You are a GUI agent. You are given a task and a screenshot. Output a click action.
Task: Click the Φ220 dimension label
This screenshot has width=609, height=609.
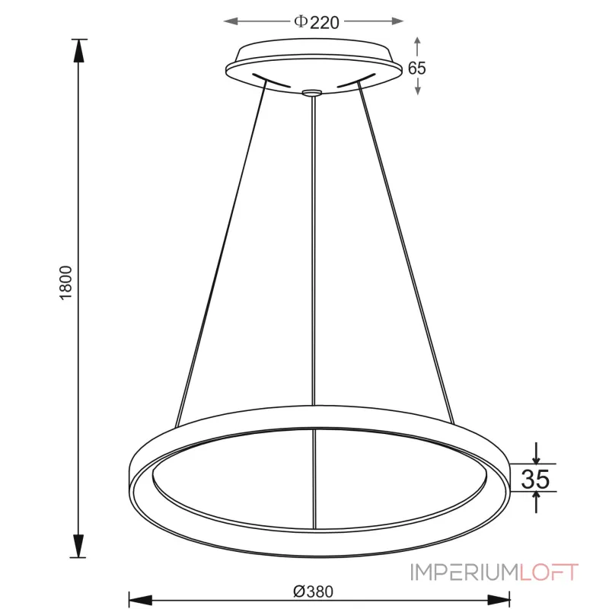pyautogui.click(x=317, y=22)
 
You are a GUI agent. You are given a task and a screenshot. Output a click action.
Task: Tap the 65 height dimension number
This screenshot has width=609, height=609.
pyautogui.click(x=416, y=68)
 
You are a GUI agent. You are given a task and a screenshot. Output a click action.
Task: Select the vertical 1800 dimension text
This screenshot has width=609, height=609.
pyautogui.click(x=66, y=282)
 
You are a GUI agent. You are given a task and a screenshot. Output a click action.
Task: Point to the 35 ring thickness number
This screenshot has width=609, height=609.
pyautogui.click(x=535, y=479)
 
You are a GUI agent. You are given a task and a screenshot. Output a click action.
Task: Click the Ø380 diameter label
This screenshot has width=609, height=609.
pyautogui.click(x=313, y=591)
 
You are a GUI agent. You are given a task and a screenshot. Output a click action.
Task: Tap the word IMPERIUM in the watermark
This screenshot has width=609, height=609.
pyautogui.click(x=465, y=572)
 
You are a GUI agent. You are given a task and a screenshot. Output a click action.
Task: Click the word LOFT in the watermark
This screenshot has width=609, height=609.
pyautogui.click(x=549, y=572)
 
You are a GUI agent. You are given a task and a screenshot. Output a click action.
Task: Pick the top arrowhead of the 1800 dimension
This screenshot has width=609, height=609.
pyautogui.click(x=78, y=50)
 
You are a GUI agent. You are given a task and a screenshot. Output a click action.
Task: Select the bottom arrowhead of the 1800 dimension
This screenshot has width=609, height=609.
pyautogui.click(x=78, y=546)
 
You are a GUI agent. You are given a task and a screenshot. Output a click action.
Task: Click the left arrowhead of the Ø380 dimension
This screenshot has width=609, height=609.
pyautogui.click(x=140, y=600)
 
